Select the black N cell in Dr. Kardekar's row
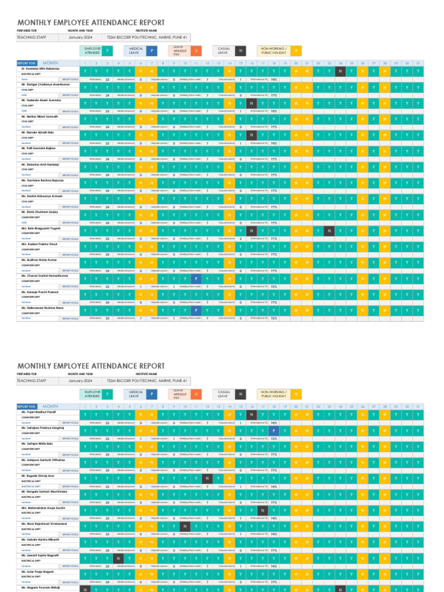point(340,72)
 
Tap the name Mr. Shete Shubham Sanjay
point(40,213)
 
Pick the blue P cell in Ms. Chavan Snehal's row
point(196,279)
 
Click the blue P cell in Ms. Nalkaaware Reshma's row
point(196,310)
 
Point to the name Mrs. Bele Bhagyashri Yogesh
point(42,228)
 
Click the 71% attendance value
point(273,238)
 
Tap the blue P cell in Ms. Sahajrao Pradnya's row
point(273,431)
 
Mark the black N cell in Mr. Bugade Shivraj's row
point(207,478)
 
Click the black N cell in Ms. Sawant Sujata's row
point(119,558)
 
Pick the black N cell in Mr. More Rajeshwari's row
point(185,526)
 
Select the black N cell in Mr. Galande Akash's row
point(251,103)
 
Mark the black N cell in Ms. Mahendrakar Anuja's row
point(262,510)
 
